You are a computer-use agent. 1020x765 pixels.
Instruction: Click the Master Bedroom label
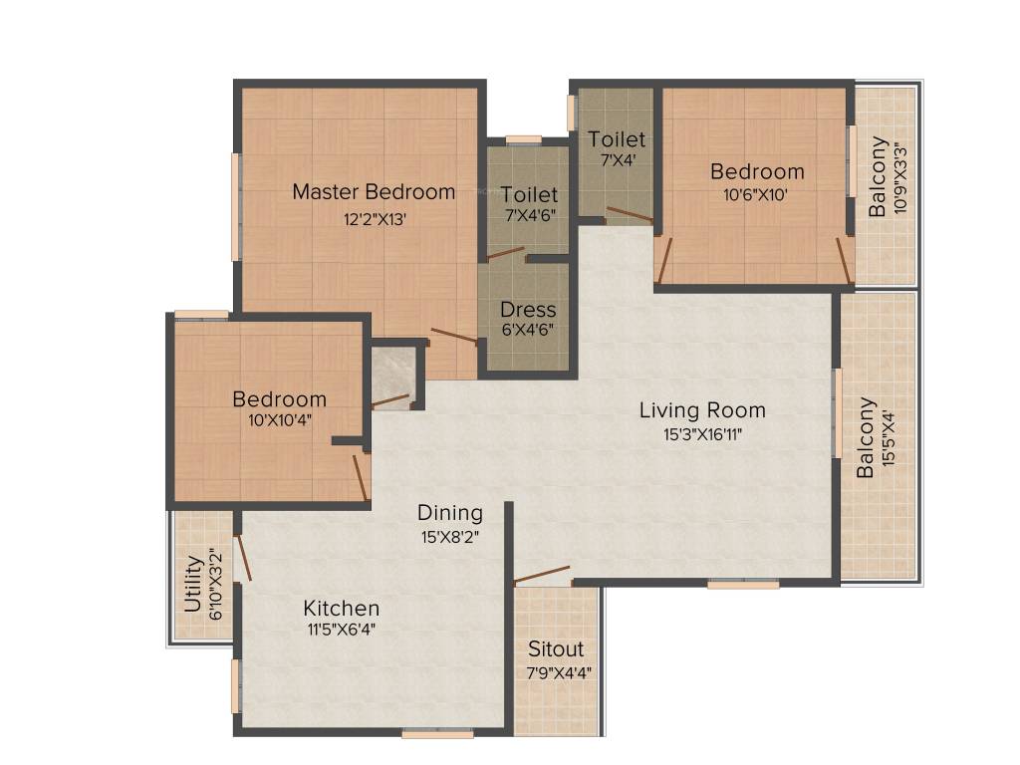(x=374, y=191)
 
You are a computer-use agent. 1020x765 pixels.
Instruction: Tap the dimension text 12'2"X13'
(x=374, y=219)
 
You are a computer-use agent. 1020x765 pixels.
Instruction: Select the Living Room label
(x=702, y=409)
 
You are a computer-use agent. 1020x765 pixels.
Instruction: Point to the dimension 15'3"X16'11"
(x=702, y=433)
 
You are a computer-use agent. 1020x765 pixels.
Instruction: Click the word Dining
(x=449, y=513)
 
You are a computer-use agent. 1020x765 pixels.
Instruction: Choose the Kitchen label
(x=342, y=608)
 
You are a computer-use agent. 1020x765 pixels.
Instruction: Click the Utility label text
(x=193, y=585)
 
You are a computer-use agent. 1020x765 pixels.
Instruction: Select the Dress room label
(x=528, y=309)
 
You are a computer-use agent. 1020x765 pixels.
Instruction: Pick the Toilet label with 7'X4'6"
(x=529, y=194)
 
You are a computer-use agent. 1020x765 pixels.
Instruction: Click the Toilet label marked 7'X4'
(x=617, y=139)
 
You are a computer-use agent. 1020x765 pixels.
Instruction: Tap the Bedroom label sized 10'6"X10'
(x=757, y=171)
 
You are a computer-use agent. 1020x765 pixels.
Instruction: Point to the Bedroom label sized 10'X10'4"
(x=279, y=399)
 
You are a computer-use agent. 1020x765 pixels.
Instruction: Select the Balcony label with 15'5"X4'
(x=867, y=438)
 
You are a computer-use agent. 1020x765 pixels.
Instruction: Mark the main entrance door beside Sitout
(x=543, y=575)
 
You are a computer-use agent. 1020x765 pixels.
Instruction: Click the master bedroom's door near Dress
(x=453, y=336)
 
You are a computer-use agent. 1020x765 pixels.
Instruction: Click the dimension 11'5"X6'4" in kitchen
(x=342, y=629)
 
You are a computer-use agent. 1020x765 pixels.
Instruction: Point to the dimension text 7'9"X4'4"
(x=559, y=672)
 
